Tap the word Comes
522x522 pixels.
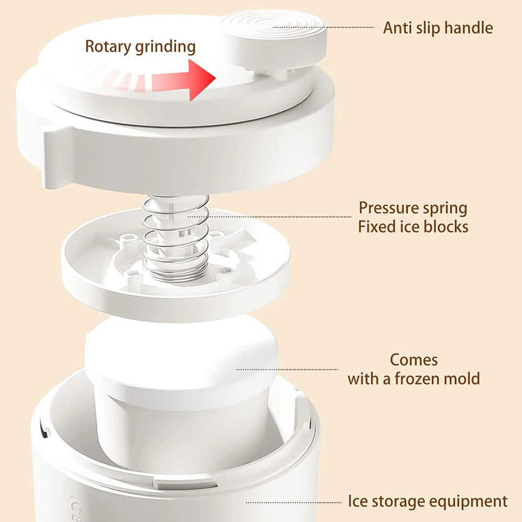click(414, 360)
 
